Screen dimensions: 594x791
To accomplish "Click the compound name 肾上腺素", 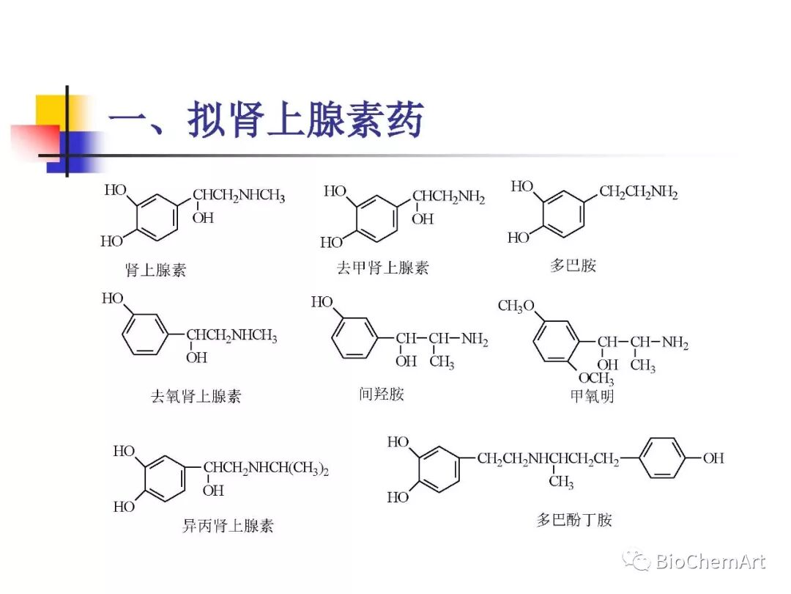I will coord(156,270).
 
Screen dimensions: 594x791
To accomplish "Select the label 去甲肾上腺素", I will coord(382,268).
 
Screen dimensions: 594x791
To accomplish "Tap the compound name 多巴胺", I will coord(573,265).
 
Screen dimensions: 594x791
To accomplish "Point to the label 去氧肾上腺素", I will coord(196,397).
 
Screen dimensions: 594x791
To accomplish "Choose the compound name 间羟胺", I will coord(381,395).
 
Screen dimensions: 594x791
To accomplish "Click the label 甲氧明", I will coord(592,397).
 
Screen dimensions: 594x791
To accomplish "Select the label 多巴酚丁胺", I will coord(574,520).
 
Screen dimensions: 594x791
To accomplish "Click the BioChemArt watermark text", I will coord(709,562).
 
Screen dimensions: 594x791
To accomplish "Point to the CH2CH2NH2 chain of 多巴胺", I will coord(638,193).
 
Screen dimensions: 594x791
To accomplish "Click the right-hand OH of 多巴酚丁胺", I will coord(713,458).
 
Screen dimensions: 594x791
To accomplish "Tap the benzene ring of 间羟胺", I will coord(354,339).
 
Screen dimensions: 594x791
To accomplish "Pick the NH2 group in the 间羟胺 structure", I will coord(475,340).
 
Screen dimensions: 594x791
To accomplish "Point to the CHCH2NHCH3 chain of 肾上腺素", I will coord(239,197).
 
